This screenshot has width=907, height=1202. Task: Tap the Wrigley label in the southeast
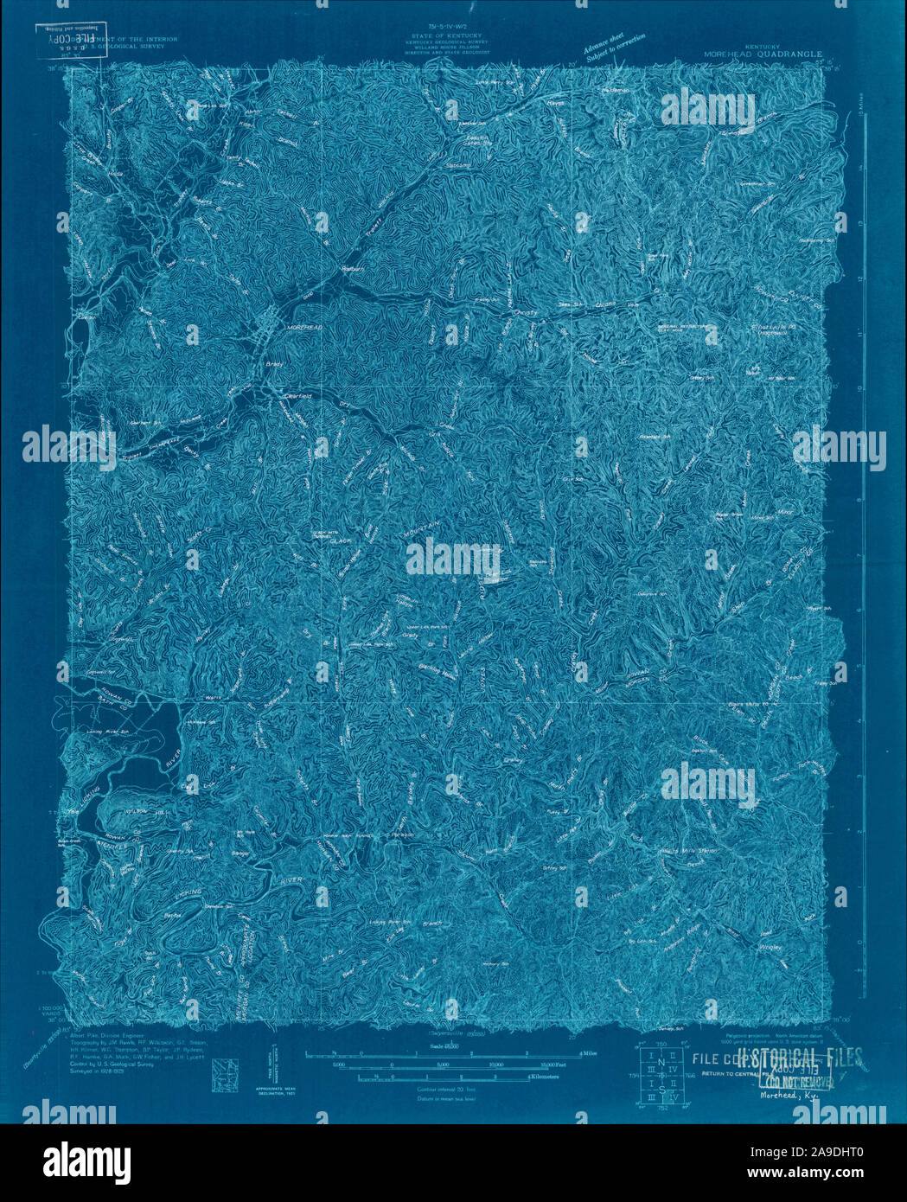point(771,947)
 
